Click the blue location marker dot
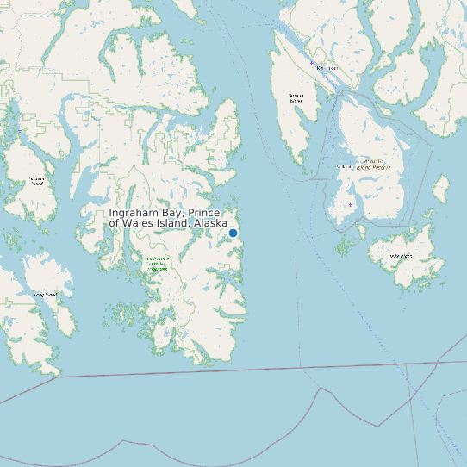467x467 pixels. click(233, 233)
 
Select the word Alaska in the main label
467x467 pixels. click(210, 223)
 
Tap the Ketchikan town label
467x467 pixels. click(327, 67)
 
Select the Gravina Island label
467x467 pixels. click(296, 97)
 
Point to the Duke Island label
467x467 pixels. click(401, 256)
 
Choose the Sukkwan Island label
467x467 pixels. click(37, 181)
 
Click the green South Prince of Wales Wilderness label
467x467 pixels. click(157, 264)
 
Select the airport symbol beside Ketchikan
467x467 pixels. click(312, 63)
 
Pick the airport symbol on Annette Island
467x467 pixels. click(349, 205)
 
